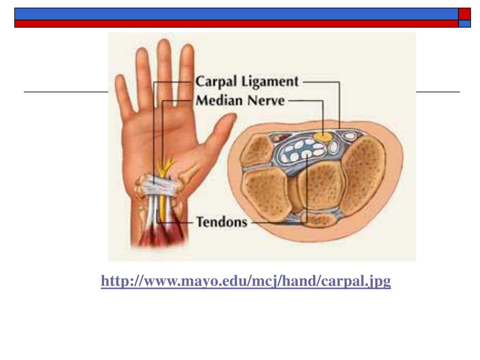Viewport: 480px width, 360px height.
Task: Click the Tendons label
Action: tap(221, 221)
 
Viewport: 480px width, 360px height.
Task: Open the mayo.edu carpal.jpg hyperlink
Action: tap(246, 281)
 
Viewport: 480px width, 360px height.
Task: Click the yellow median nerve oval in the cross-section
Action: tap(323, 136)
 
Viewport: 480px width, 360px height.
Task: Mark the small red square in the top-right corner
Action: tap(464, 14)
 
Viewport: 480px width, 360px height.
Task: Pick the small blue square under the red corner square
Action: tap(464, 24)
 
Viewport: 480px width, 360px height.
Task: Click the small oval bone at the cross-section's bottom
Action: tap(319, 219)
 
